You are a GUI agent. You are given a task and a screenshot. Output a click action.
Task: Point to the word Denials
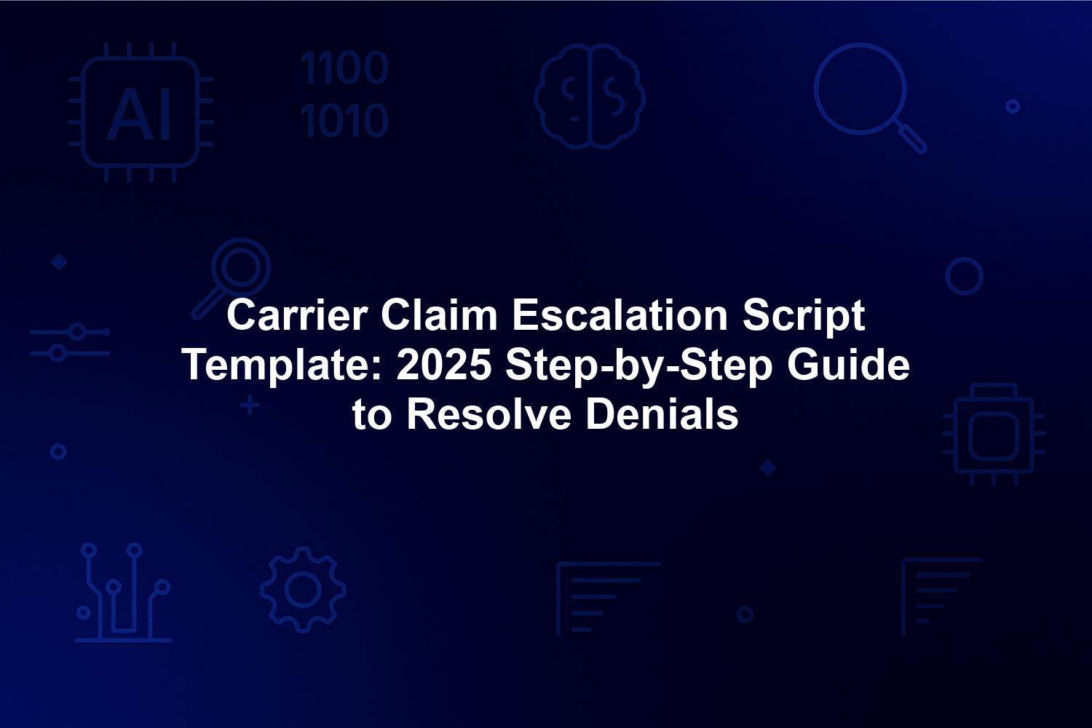[662, 415]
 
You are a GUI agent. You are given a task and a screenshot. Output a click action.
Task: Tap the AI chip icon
[141, 112]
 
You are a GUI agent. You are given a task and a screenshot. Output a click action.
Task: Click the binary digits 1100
[344, 68]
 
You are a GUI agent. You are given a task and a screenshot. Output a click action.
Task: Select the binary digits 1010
[344, 120]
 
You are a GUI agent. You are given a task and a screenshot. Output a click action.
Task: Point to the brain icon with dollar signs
[590, 96]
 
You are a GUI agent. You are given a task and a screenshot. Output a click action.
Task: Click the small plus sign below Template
[250, 405]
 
